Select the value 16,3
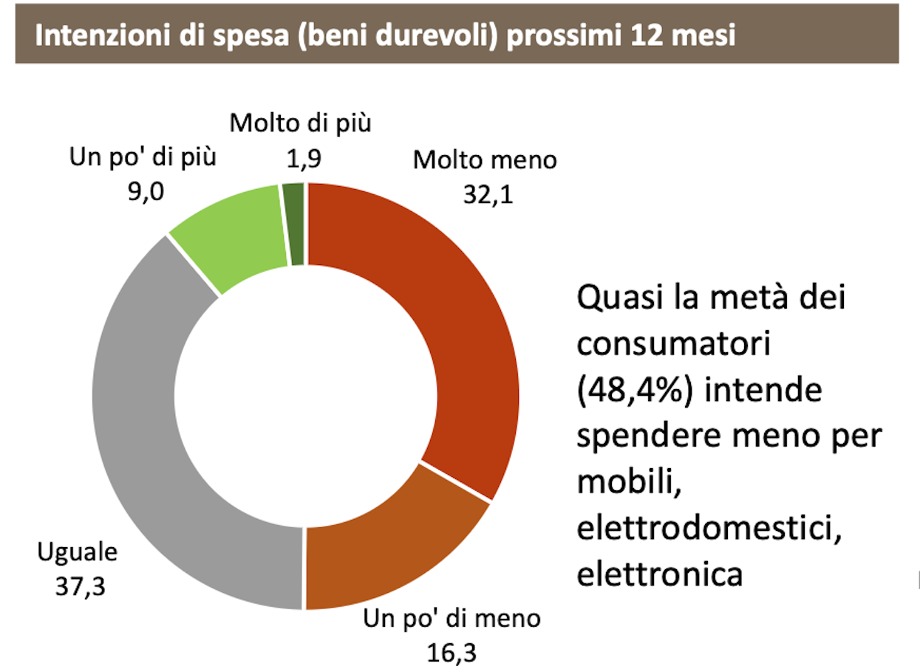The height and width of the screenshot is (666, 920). (x=451, y=652)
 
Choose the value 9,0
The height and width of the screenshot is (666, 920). (x=144, y=191)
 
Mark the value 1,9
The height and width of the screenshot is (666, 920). (x=301, y=159)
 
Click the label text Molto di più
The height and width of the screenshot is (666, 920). (x=301, y=123)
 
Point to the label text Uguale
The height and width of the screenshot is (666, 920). (x=77, y=552)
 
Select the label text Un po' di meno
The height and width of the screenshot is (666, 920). (x=452, y=619)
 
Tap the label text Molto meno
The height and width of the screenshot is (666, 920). (x=484, y=159)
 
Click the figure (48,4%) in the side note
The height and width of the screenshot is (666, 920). (x=634, y=391)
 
